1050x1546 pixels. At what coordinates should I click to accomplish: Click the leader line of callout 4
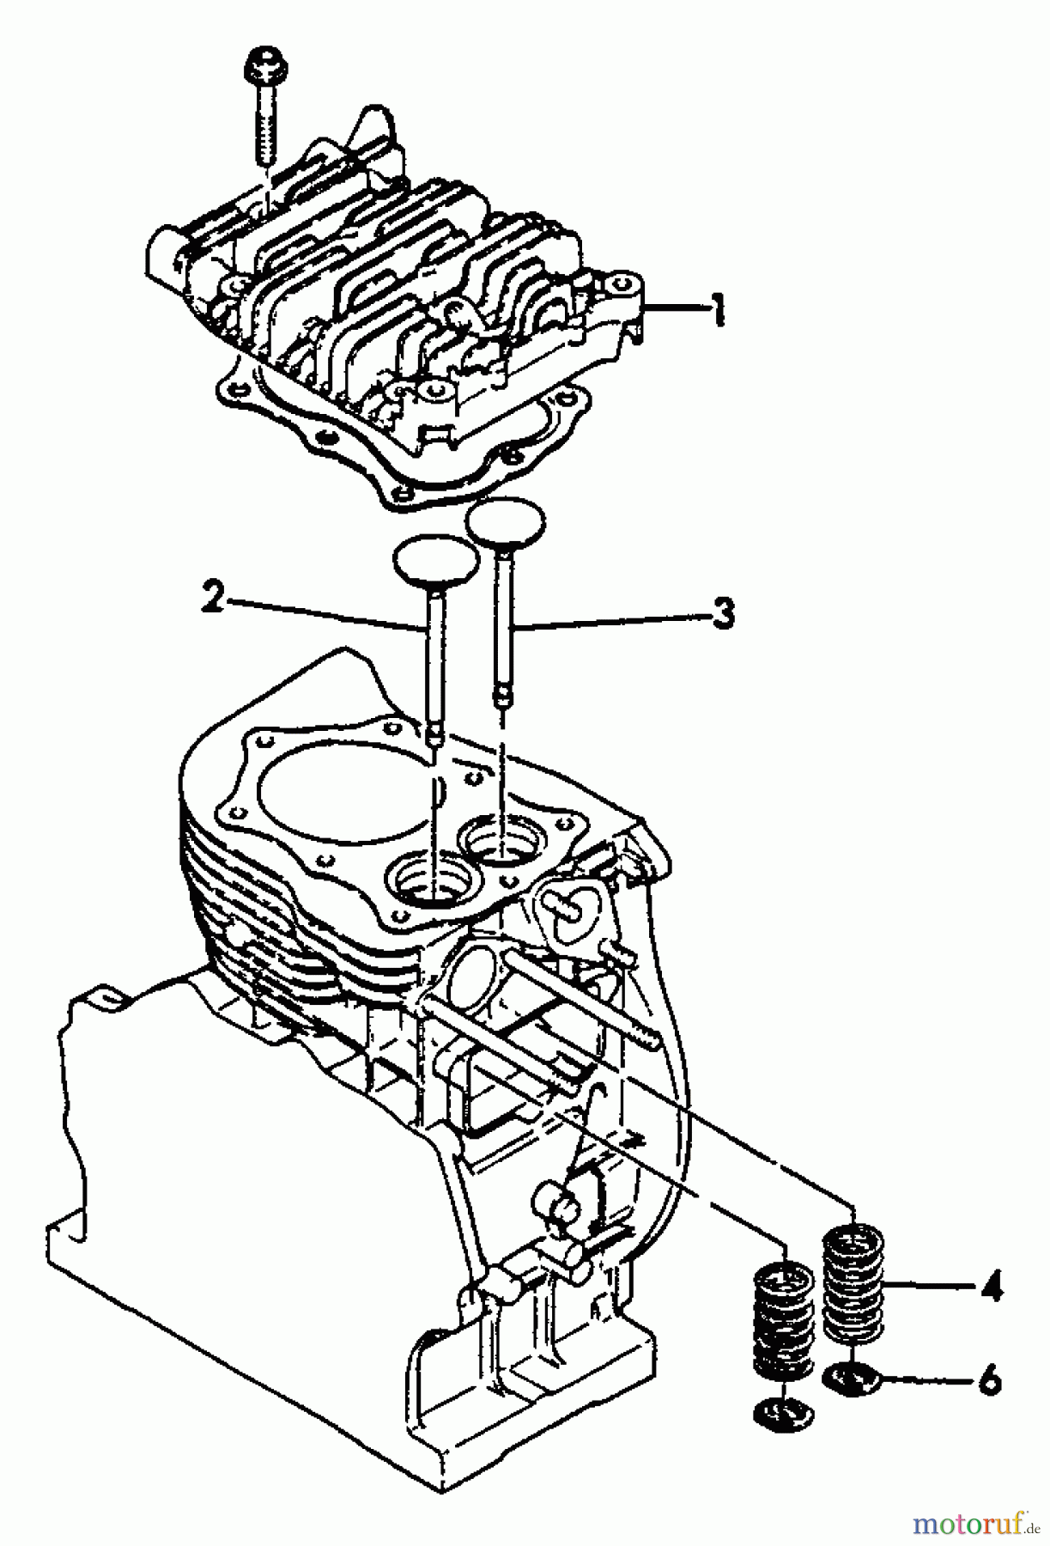coord(927,1287)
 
